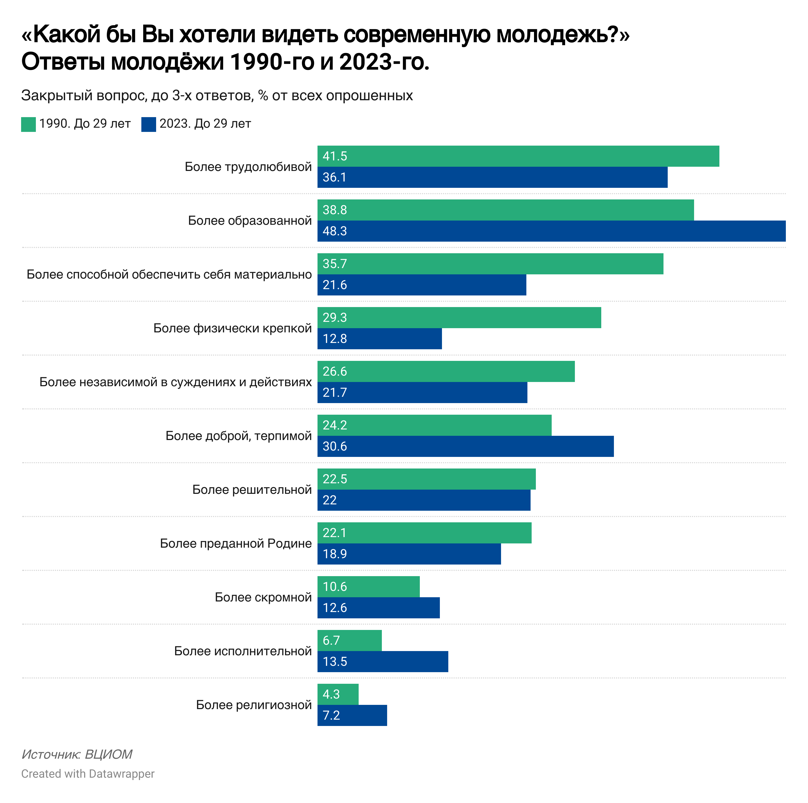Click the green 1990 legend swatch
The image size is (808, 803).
28,124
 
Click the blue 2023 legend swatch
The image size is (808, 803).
148,124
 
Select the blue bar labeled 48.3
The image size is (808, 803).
551,231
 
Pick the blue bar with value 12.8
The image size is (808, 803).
379,338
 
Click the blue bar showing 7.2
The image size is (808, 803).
352,715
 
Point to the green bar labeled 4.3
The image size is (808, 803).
338,694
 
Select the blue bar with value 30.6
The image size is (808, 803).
465,446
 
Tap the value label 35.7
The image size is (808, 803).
335,264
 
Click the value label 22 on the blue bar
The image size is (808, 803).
330,500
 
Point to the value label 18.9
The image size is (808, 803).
335,554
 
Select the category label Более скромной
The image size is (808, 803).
263,597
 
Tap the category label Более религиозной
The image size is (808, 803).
254,705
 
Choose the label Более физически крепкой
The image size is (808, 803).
233,328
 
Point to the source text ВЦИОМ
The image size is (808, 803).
108,754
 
